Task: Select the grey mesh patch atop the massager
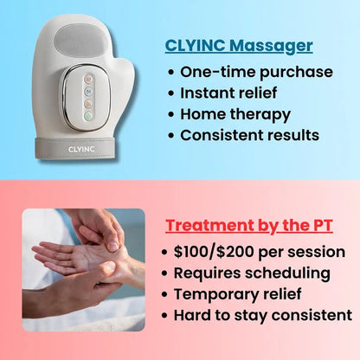coord(76,40)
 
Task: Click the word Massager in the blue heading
coord(275,45)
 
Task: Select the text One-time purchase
coord(256,71)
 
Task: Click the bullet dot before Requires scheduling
coord(165,273)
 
